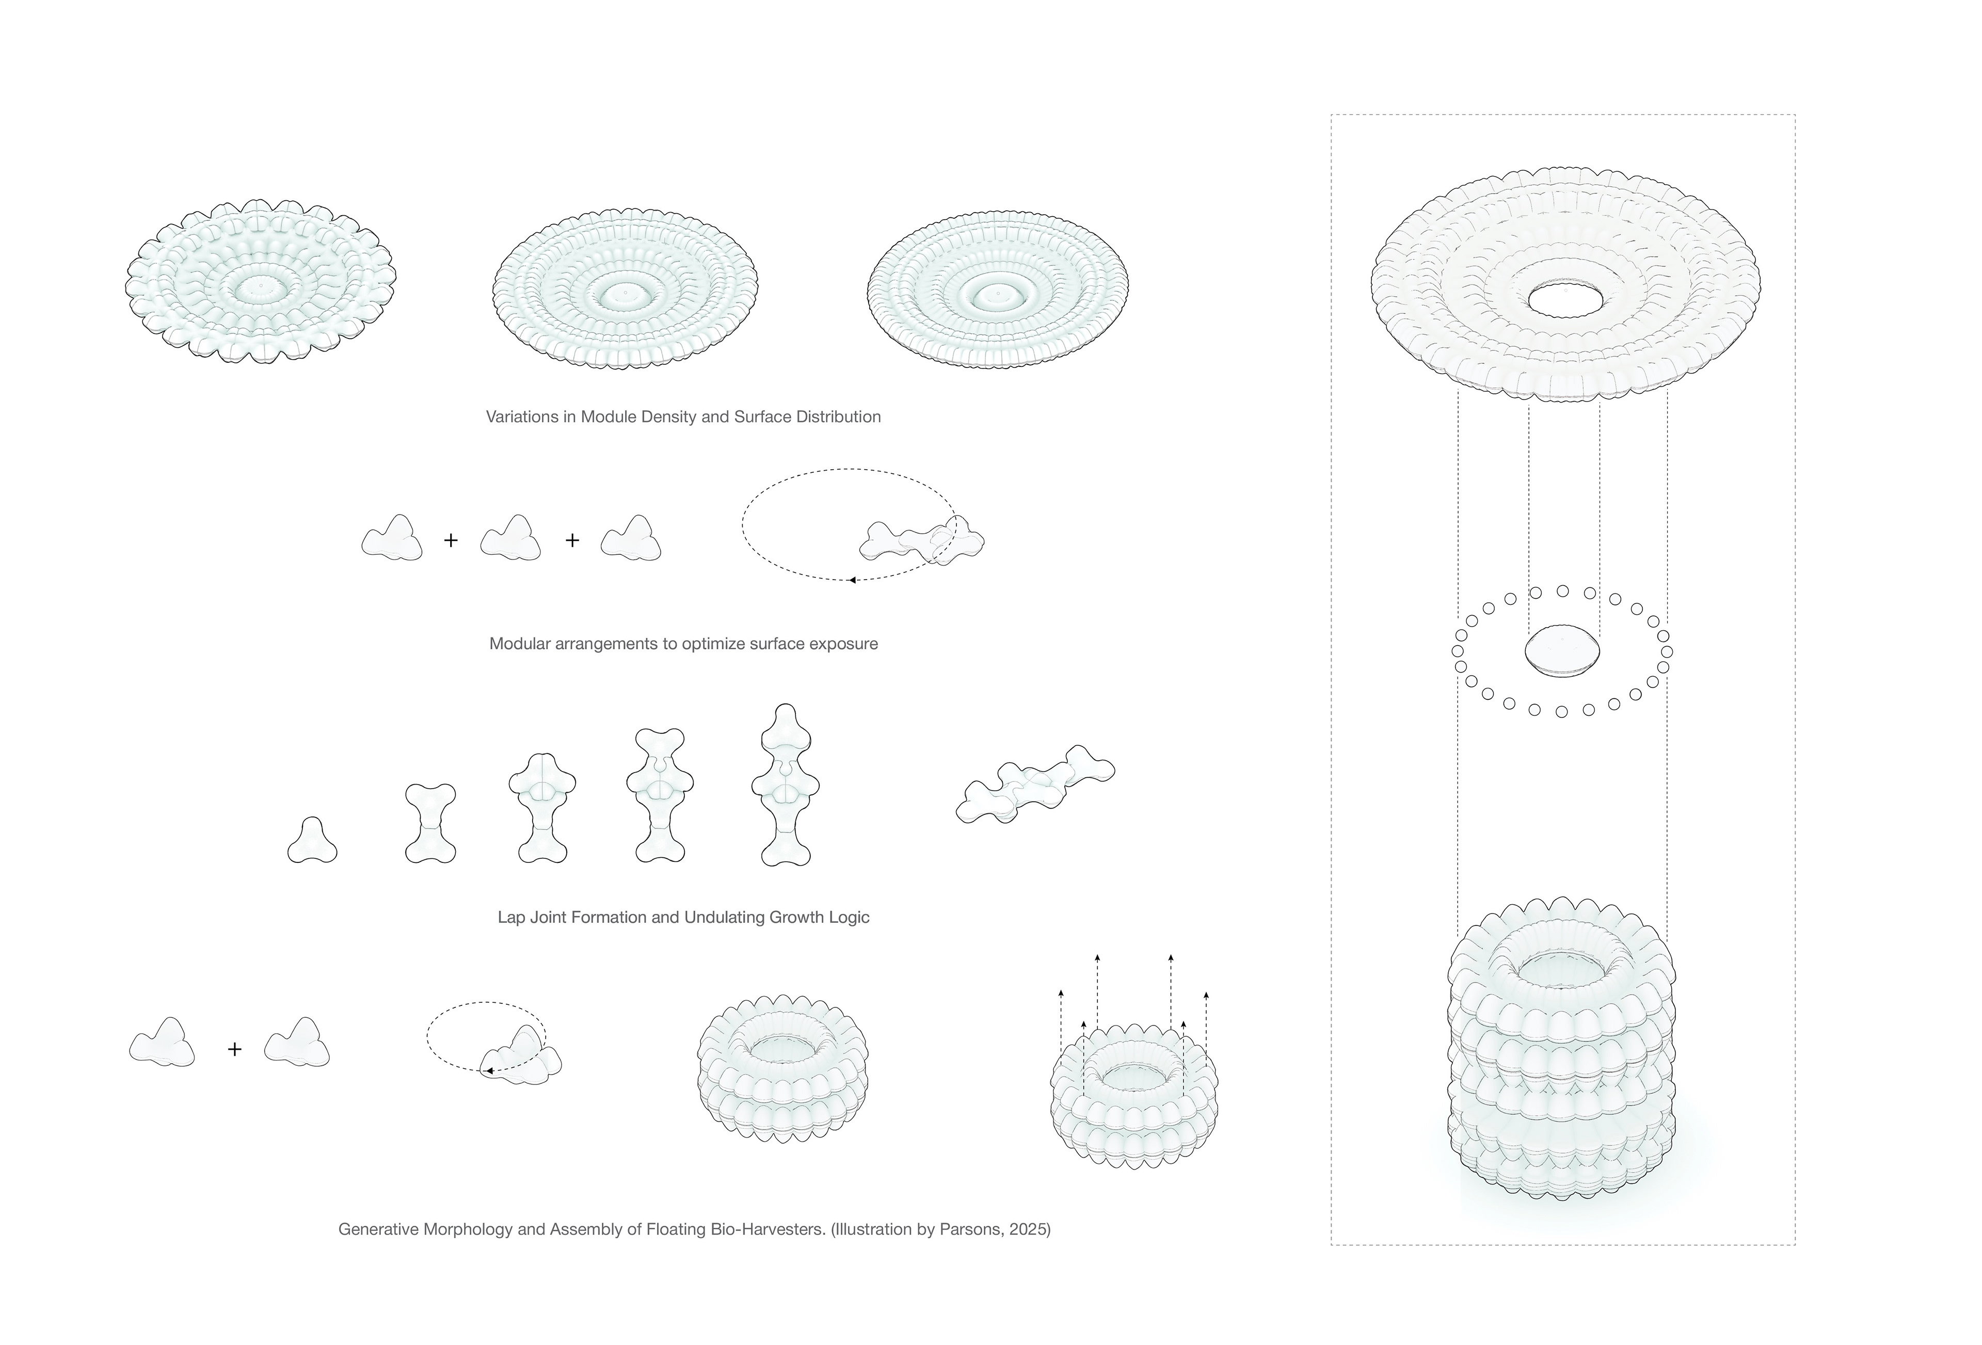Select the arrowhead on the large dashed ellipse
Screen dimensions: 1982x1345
pyautogui.click(x=852, y=580)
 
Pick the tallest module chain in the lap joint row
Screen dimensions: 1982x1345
pyautogui.click(x=786, y=786)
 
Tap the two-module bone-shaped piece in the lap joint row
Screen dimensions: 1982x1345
pyautogui.click(x=430, y=824)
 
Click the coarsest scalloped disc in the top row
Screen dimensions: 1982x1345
pyautogui.click(x=261, y=281)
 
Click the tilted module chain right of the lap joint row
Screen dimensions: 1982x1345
pyautogui.click(x=1035, y=784)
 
